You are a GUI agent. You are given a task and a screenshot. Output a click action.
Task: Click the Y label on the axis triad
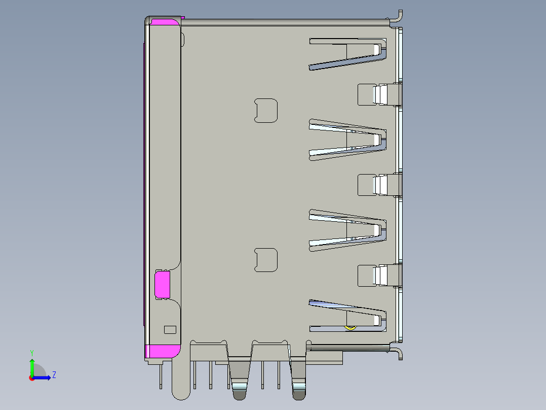(x=32, y=352)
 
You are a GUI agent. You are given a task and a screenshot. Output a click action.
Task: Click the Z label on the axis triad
(x=54, y=375)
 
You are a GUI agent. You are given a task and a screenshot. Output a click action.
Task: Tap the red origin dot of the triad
(x=31, y=378)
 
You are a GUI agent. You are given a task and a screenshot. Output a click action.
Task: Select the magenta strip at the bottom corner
(x=163, y=351)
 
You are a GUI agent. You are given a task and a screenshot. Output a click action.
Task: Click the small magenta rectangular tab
(x=162, y=284)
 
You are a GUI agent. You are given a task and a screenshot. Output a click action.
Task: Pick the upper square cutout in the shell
(x=266, y=111)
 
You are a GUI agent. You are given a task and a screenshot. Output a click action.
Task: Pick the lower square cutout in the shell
(x=266, y=260)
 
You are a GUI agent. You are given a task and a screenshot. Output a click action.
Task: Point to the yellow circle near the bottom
(x=349, y=327)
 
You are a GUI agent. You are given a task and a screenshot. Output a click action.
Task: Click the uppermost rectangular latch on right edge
(x=379, y=94)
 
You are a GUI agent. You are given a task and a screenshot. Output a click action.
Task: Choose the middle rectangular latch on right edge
(x=379, y=185)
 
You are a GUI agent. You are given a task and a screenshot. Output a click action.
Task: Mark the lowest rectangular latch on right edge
(x=379, y=275)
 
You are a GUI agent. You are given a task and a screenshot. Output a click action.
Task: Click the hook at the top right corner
(x=397, y=17)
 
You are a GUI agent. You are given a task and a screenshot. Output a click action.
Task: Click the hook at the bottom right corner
(x=398, y=353)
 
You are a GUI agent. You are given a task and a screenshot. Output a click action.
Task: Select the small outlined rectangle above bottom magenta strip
(x=170, y=330)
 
